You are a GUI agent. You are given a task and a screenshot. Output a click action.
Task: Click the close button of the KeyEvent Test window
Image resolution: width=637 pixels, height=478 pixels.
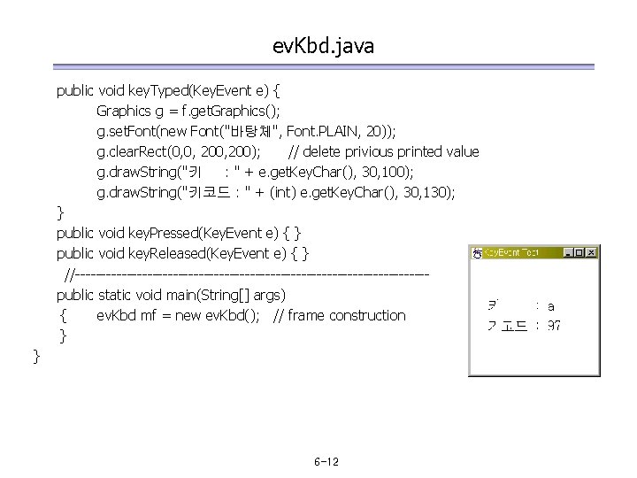[593, 253]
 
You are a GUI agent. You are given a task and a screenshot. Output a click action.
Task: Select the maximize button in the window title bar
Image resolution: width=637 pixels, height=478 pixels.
[579, 253]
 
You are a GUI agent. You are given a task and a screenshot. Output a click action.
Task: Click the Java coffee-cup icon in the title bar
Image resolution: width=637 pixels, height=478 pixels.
[477, 253]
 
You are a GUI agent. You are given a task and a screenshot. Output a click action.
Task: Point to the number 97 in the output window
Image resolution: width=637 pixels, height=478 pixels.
[553, 326]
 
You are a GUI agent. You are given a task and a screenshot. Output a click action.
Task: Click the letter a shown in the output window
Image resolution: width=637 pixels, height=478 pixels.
[551, 306]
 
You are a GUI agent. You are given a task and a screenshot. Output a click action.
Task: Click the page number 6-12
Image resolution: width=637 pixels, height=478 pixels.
[326, 463]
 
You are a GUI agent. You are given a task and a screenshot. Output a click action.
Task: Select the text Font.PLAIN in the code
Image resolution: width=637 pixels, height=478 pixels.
[323, 131]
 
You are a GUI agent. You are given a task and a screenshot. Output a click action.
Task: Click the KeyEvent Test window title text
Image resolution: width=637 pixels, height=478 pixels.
[510, 253]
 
